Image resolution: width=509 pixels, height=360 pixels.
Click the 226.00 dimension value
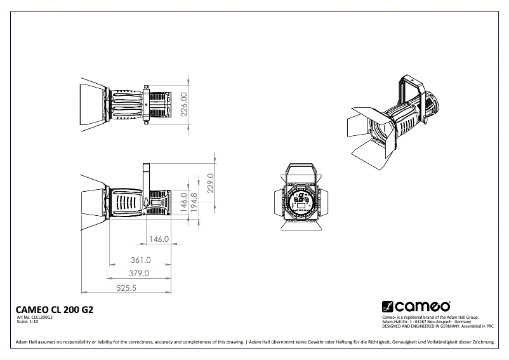point(184,104)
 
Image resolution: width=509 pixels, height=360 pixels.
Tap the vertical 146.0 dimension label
point(184,201)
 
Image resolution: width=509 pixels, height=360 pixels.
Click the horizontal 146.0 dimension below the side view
point(159,239)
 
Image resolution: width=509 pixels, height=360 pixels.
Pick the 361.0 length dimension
point(140,260)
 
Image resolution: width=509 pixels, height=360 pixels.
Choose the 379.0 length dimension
point(138,274)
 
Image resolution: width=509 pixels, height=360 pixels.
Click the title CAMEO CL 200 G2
point(54,310)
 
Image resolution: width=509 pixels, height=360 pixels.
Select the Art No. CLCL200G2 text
point(35,317)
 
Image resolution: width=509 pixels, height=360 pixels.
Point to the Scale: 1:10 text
point(27,321)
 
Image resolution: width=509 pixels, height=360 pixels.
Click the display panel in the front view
point(300,203)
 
